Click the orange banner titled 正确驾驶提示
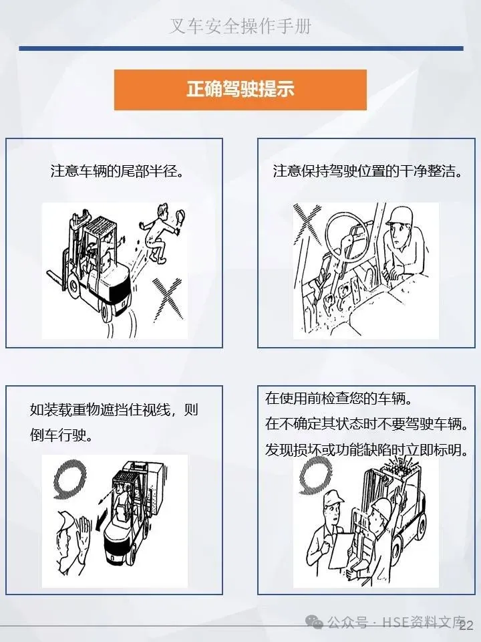click(x=240, y=90)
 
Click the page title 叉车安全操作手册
click(x=240, y=26)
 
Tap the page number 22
click(x=466, y=625)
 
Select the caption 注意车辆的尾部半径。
click(x=116, y=171)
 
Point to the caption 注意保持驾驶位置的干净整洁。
click(x=367, y=171)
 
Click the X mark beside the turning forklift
click(x=167, y=300)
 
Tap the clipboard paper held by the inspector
click(x=341, y=550)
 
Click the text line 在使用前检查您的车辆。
click(x=339, y=399)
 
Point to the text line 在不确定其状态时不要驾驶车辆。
click(x=367, y=424)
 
